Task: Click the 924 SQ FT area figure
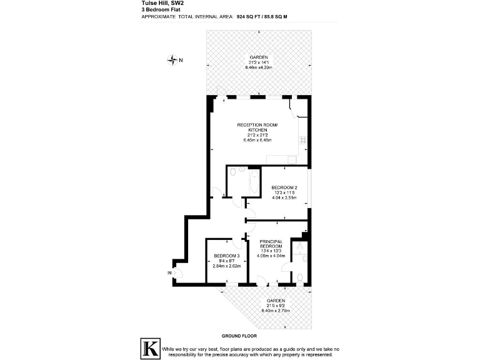tap(249, 17)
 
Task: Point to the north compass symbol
tap(173, 60)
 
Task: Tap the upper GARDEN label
tap(258, 57)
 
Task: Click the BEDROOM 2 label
tap(284, 187)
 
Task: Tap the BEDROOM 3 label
tap(226, 256)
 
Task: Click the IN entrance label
tap(169, 273)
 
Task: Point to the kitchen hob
tap(303, 144)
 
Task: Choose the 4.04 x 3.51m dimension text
tap(284, 197)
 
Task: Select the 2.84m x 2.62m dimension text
tap(226, 266)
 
